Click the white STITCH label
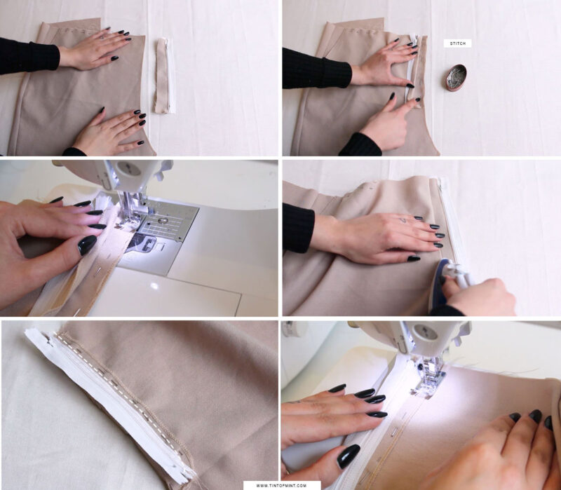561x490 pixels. [457, 43]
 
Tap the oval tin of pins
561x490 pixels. [456, 78]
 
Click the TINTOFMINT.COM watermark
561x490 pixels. [281, 484]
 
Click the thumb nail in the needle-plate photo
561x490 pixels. [87, 245]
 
